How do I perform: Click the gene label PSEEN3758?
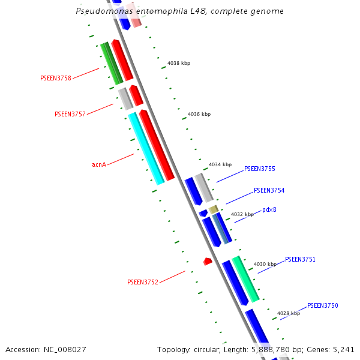click(55, 78)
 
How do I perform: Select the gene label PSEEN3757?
click(70, 114)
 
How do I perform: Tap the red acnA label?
click(99, 164)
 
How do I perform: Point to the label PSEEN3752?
click(142, 282)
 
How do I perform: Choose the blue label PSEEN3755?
click(259, 169)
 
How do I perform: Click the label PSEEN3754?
click(269, 191)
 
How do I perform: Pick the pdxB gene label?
click(269, 210)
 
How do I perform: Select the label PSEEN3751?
click(300, 260)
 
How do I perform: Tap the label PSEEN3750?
click(322, 306)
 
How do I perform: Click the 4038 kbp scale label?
click(179, 63)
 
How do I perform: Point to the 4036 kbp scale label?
click(199, 114)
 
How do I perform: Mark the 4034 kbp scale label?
click(220, 164)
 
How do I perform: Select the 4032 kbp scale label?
click(242, 214)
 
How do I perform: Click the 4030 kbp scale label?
click(265, 264)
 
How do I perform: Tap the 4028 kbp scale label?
click(288, 313)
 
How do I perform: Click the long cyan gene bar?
click(146, 149)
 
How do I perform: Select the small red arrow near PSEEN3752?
click(208, 261)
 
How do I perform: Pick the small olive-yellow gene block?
click(213, 209)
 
